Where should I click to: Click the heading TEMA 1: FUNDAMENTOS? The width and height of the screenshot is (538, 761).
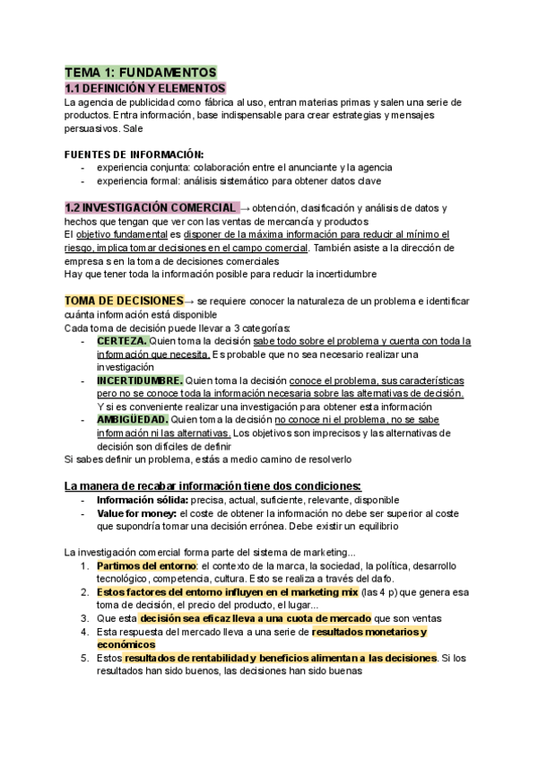[x=140, y=72]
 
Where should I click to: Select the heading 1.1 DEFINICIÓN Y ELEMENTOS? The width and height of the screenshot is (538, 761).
[x=145, y=88]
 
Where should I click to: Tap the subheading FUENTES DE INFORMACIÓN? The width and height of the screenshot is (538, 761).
[x=134, y=153]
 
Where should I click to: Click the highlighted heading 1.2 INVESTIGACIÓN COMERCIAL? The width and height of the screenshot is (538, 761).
[x=152, y=207]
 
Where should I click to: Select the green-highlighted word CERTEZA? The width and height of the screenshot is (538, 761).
[x=123, y=341]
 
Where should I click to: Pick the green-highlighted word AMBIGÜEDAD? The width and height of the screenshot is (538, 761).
[x=132, y=419]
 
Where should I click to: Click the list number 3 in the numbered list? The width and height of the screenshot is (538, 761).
[x=82, y=618]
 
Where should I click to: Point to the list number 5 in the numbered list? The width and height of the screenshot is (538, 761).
[x=82, y=658]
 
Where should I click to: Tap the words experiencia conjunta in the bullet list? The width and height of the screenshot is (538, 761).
[x=137, y=167]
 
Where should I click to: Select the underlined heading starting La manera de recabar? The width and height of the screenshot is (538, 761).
[x=212, y=485]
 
